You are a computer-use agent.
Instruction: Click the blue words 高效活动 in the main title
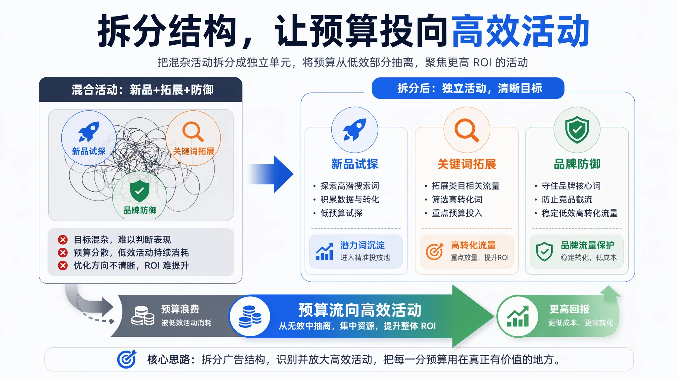coord(520,31)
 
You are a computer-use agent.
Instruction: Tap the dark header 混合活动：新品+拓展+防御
coord(141,90)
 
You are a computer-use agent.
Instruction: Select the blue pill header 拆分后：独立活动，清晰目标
coord(468,88)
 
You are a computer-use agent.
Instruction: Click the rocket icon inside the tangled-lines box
coord(89,132)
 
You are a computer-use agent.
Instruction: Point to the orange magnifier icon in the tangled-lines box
coord(193,132)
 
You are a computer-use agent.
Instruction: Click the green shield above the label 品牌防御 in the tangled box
coord(140,191)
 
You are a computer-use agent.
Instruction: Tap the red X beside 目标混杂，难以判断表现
coord(63,239)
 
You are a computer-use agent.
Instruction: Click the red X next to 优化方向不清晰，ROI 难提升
coord(63,266)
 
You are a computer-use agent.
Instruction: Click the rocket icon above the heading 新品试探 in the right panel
coord(355,129)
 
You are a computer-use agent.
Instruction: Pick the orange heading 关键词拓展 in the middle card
coord(467,164)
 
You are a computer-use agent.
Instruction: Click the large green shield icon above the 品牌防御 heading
coord(577,129)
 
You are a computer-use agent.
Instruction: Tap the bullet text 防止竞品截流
coord(567,199)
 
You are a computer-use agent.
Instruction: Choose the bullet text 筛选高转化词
coord(457,199)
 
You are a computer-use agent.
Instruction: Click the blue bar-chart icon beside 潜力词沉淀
coord(324,252)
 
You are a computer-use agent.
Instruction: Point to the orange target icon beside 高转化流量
coord(434,252)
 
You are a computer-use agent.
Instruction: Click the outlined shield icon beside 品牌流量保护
coord(544,252)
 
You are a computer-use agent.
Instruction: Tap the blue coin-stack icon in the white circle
coord(250,317)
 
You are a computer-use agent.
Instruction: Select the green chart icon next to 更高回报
coord(518,317)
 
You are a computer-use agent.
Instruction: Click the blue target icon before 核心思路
coord(127,359)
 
